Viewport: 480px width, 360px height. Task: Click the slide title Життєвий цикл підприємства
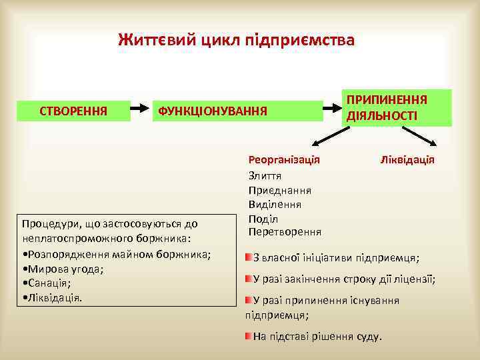(x=237, y=39)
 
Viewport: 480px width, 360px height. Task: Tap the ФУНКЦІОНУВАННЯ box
(x=211, y=109)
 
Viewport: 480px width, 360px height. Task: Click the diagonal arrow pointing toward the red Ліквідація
(x=422, y=136)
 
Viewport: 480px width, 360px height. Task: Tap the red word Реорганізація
(x=284, y=160)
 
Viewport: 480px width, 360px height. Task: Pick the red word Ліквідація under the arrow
(x=407, y=160)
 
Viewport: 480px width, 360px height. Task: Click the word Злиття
(x=265, y=175)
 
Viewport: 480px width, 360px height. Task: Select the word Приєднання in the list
(x=279, y=190)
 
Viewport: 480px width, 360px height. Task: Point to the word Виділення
(x=275, y=204)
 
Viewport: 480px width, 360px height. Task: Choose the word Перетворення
(x=285, y=232)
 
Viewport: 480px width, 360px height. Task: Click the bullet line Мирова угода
(x=64, y=269)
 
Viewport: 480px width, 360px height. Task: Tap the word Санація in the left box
(x=49, y=283)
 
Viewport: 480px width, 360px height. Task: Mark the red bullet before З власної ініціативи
(x=248, y=257)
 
